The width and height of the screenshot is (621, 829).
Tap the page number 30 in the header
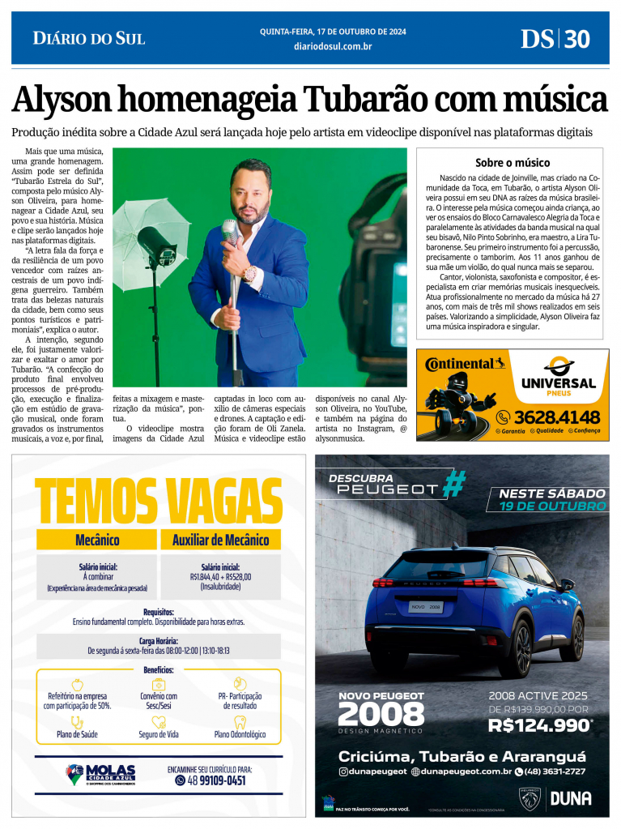tap(577, 38)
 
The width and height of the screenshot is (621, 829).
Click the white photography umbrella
tap(151, 210)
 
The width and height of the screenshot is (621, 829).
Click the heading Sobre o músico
tap(512, 162)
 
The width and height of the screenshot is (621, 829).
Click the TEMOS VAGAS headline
tap(159, 501)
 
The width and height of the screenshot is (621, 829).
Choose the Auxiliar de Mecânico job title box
tap(220, 540)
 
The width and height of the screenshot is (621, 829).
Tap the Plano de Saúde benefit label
tap(77, 734)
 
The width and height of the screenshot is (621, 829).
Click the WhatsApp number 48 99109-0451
tap(210, 780)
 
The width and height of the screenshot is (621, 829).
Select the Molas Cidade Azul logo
tap(100, 775)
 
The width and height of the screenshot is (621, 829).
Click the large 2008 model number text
tap(381, 714)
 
